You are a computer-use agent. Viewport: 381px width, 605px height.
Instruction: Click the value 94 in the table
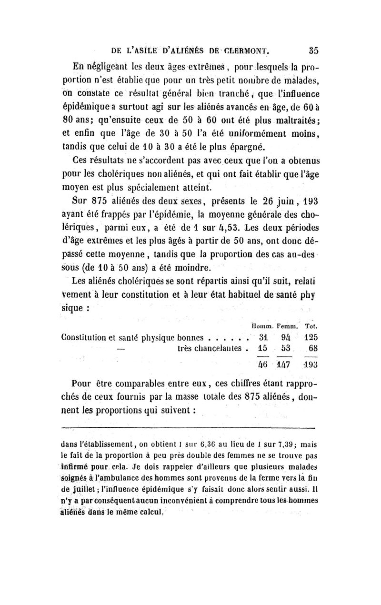coord(286,337)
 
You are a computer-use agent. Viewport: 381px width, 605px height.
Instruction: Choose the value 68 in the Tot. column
coord(312,348)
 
